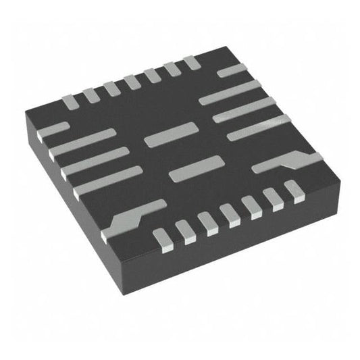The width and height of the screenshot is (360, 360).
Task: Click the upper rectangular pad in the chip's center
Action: [x=170, y=135]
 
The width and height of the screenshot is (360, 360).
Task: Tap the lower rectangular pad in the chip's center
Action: [x=196, y=168]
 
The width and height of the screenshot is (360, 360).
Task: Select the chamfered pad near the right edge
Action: [x=287, y=163]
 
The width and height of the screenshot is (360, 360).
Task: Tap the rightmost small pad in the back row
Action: [x=192, y=62]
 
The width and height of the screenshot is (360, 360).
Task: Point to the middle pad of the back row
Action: [x=131, y=81]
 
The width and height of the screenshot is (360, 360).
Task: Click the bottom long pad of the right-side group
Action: [x=259, y=127]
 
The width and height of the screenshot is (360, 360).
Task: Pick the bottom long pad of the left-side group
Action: [x=108, y=180]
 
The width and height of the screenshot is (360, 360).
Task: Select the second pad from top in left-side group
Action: [x=84, y=143]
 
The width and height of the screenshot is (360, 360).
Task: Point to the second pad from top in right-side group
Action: [x=230, y=92]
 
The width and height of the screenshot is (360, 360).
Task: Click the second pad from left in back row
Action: [x=91, y=94]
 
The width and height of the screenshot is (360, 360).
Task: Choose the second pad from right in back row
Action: [x=172, y=68]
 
